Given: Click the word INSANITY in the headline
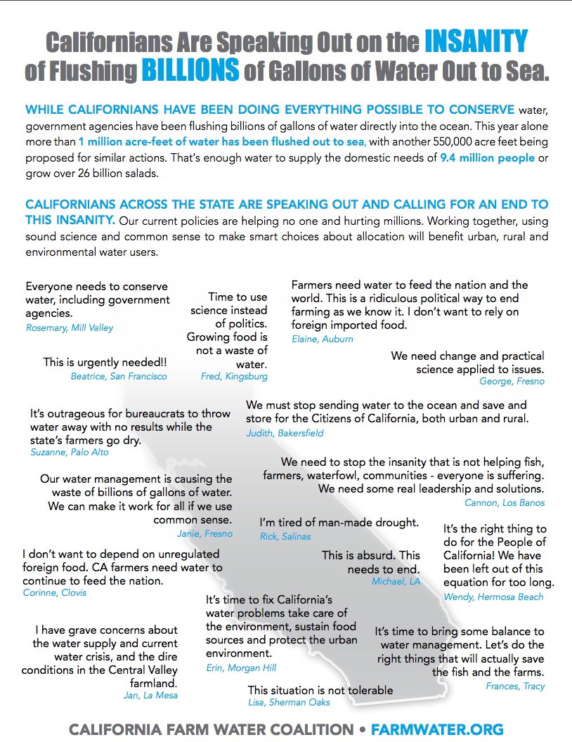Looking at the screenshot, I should pyautogui.click(x=476, y=42).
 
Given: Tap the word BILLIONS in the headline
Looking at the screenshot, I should pyautogui.click(x=190, y=70).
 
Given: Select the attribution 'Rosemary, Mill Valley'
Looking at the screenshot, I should pyautogui.click(x=70, y=327).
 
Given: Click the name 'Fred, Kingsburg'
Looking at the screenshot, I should pyautogui.click(x=234, y=377).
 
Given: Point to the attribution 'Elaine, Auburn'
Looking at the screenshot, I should pyautogui.click(x=323, y=339).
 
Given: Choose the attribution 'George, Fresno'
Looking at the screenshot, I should pyautogui.click(x=512, y=382).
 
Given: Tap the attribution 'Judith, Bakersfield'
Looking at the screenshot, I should pyautogui.click(x=285, y=433).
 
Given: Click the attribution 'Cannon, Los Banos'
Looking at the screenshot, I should pyautogui.click(x=505, y=502).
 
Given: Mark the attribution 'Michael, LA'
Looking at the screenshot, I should pyautogui.click(x=396, y=582).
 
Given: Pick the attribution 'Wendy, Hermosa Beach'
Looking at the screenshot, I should pyautogui.click(x=493, y=597).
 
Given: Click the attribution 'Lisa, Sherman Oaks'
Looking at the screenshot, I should pyautogui.click(x=288, y=702).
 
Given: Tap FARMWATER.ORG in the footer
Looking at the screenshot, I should pyautogui.click(x=437, y=730).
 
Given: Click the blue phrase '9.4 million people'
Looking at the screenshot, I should pyautogui.click(x=487, y=157).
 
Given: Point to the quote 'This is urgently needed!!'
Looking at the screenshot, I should pyautogui.click(x=105, y=363).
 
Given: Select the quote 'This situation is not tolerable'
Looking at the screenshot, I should pyautogui.click(x=320, y=690).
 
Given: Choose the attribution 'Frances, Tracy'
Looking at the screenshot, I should pyautogui.click(x=515, y=686).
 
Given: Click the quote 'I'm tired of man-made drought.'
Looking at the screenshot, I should pyautogui.click(x=339, y=522).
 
